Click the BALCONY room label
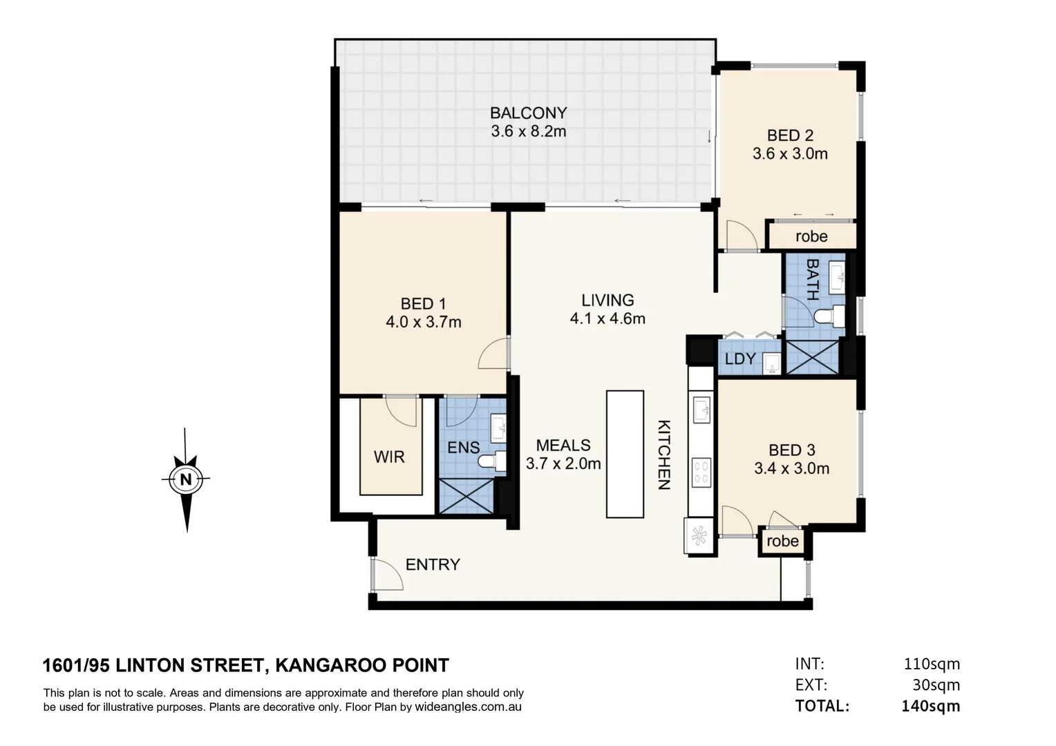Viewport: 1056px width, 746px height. click(x=528, y=113)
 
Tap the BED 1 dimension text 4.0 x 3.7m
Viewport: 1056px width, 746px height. click(x=423, y=322)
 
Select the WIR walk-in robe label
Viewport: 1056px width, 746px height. click(x=389, y=457)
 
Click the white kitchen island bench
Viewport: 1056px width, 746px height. click(x=625, y=454)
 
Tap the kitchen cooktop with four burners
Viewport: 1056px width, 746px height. click(x=701, y=473)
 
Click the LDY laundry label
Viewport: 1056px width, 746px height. click(x=739, y=359)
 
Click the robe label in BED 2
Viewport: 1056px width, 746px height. click(x=811, y=236)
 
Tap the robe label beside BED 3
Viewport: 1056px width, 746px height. click(x=782, y=542)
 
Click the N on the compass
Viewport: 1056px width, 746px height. click(x=185, y=479)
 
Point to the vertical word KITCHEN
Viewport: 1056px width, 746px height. click(x=663, y=455)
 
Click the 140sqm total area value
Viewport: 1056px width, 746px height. click(x=930, y=706)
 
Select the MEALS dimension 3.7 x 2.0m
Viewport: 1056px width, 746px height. click(x=563, y=463)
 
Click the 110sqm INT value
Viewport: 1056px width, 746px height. click(x=932, y=664)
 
